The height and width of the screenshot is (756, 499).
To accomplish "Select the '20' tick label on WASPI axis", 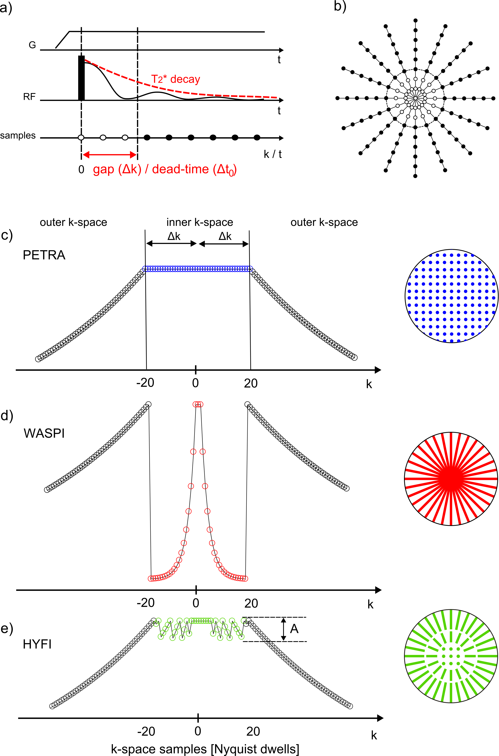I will (251, 603).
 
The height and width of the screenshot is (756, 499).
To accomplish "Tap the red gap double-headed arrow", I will (109, 155).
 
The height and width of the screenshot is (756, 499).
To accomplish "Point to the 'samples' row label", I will (18, 136).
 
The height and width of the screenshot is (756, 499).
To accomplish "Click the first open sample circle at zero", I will (81, 138).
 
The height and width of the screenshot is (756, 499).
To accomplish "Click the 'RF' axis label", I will (29, 97).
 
